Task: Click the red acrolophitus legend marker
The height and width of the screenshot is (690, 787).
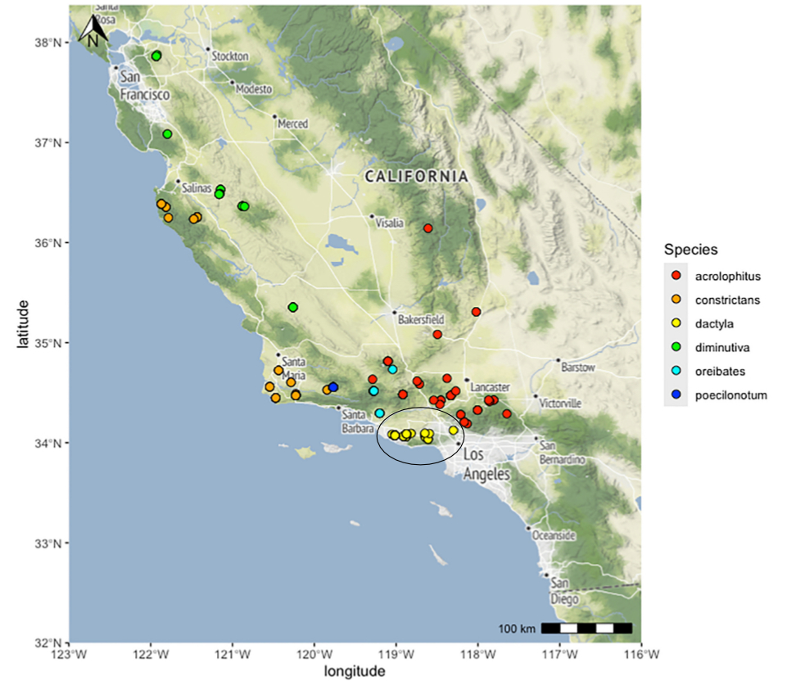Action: click(x=676, y=276)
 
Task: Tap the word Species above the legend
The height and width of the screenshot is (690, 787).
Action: click(x=691, y=249)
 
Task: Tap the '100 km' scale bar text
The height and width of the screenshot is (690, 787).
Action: click(x=516, y=629)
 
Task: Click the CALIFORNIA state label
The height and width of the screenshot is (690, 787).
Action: click(x=416, y=176)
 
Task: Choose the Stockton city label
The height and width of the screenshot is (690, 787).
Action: click(x=230, y=56)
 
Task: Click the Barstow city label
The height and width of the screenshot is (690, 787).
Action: click(x=578, y=368)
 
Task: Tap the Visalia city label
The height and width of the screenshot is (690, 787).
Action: click(x=389, y=223)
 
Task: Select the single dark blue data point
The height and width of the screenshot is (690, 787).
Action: click(x=333, y=387)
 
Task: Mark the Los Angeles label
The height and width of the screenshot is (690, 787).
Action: click(x=486, y=464)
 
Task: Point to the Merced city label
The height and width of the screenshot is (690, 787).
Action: click(x=292, y=124)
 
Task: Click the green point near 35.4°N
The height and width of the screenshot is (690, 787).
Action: click(x=293, y=307)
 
